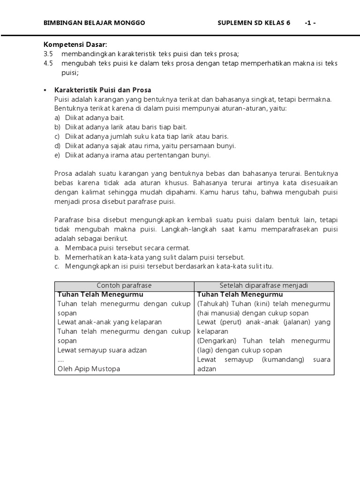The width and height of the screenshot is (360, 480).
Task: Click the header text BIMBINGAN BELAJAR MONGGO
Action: (x=94, y=22)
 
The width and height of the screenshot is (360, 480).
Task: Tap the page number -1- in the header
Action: (x=310, y=22)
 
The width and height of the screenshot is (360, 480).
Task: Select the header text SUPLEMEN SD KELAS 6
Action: (x=254, y=22)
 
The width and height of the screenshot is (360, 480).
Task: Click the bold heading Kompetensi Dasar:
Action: (x=75, y=45)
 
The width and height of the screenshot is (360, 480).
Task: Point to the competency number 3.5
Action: (x=48, y=54)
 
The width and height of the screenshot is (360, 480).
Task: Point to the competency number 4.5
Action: (x=48, y=63)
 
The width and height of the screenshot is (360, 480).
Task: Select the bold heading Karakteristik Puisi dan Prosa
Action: (x=103, y=90)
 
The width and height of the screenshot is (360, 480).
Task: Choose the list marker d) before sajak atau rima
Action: (x=57, y=146)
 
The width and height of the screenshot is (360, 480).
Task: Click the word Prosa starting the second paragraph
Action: (x=63, y=173)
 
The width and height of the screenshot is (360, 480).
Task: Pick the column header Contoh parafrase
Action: (x=124, y=285)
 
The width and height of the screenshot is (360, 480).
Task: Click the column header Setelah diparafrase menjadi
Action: (x=264, y=285)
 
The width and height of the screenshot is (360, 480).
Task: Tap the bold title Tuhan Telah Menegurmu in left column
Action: (x=100, y=294)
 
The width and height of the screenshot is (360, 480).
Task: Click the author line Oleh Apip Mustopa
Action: (x=89, y=368)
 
